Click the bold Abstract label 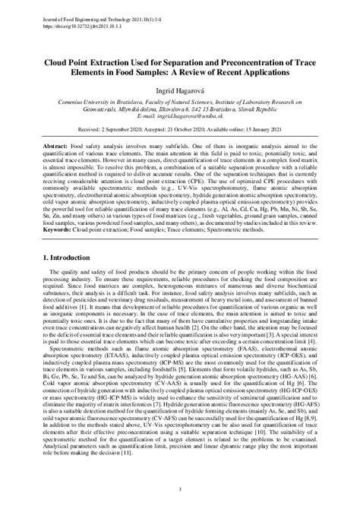coord(55,144)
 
